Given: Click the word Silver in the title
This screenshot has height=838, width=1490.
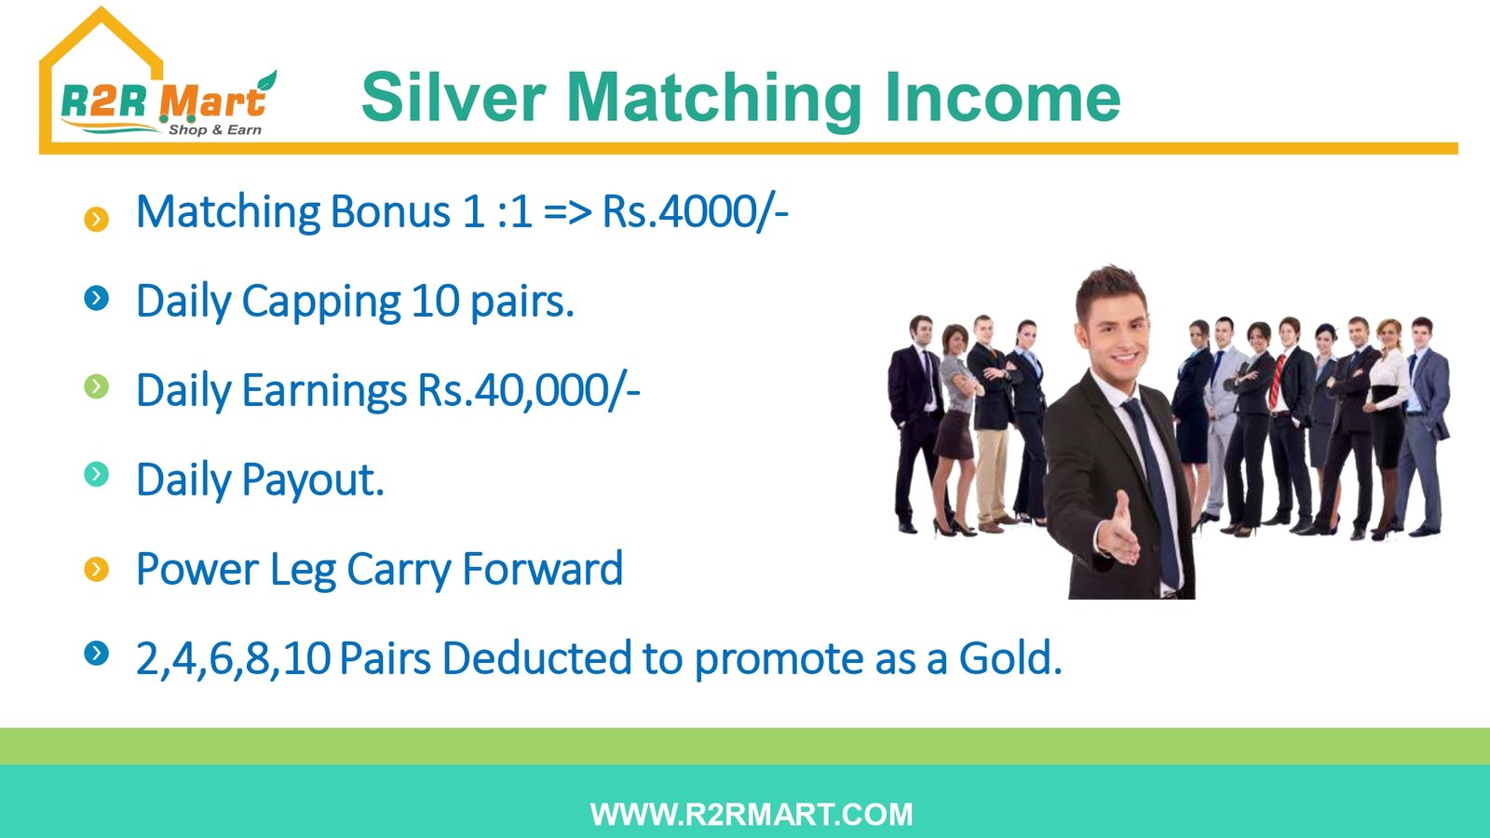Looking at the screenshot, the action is (x=454, y=98).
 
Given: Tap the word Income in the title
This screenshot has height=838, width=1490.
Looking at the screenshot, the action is (x=1002, y=98).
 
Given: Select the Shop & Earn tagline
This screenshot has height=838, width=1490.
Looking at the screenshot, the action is (x=215, y=129).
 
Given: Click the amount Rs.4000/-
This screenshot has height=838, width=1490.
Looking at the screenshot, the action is (x=695, y=211).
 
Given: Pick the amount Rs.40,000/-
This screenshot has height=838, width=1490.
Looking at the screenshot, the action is (x=529, y=390).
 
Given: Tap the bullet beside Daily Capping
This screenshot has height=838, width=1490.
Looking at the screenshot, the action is (x=97, y=298).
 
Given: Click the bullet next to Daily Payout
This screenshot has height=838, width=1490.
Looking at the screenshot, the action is (x=97, y=474).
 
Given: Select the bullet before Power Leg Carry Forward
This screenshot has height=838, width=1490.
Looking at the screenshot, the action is (x=97, y=569).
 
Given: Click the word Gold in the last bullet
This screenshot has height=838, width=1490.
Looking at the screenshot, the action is (x=1010, y=657).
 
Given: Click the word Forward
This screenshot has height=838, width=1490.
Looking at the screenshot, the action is (x=543, y=569).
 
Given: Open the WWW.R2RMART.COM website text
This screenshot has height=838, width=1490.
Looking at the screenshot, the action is (x=752, y=814).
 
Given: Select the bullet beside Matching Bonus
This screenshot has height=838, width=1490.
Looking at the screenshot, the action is (x=97, y=219).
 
